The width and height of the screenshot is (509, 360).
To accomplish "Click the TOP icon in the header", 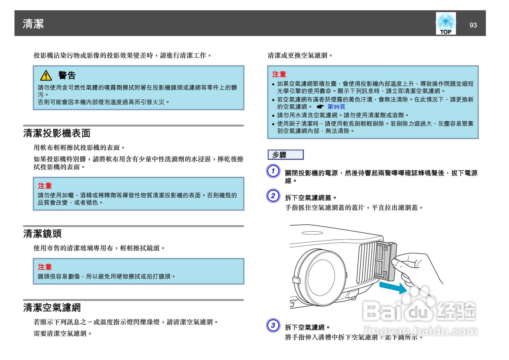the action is [x=445, y=23].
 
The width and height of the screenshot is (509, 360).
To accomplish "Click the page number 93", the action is [x=473, y=25].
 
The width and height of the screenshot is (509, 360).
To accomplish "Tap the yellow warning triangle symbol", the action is [x=46, y=75].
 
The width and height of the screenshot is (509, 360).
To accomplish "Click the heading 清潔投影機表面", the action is [x=57, y=133].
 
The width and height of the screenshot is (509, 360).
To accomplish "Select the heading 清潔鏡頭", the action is [x=42, y=234].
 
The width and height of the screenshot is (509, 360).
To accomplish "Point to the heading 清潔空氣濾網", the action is [x=52, y=307].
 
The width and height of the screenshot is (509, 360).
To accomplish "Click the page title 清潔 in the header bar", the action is [x=33, y=24].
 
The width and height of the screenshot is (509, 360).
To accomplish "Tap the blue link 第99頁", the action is [x=336, y=107].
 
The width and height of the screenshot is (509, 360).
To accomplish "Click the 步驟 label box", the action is [x=286, y=155].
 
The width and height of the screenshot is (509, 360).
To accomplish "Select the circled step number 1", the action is [x=273, y=171].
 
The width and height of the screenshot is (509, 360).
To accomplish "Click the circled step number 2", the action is [x=273, y=195].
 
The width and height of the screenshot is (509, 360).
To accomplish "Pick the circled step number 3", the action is [x=273, y=326].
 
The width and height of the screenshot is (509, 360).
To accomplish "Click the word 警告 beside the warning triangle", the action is [x=67, y=75].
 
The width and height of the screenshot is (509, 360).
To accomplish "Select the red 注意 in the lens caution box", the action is [x=45, y=267].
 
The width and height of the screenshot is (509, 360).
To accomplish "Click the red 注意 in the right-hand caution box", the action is [x=279, y=74].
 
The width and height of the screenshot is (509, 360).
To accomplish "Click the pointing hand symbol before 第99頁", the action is [x=320, y=107].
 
